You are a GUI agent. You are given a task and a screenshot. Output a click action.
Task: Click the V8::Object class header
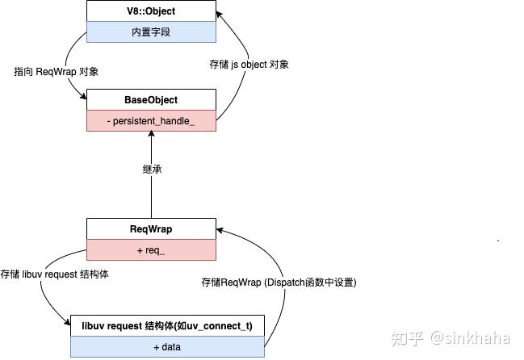pyautogui.click(x=151, y=12)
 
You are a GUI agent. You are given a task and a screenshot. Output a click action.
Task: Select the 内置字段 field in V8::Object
pyautogui.click(x=151, y=32)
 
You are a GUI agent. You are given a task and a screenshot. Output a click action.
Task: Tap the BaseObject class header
pyautogui.click(x=151, y=100)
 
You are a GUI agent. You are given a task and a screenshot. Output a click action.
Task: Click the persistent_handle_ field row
pyautogui.click(x=151, y=120)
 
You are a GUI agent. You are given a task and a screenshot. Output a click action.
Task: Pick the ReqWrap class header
pyautogui.click(x=151, y=229)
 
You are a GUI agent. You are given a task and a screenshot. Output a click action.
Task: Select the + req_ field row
pyautogui.click(x=151, y=249)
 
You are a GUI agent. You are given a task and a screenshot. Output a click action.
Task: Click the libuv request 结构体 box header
pyautogui.click(x=167, y=326)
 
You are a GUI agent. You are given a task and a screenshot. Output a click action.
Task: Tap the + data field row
pyautogui.click(x=167, y=346)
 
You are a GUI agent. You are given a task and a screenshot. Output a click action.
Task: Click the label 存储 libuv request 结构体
pyautogui.click(x=55, y=274)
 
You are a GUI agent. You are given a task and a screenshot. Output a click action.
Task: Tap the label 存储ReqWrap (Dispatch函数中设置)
pyautogui.click(x=279, y=283)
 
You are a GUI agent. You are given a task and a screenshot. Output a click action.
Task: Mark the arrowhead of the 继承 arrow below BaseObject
pyautogui.click(x=152, y=136)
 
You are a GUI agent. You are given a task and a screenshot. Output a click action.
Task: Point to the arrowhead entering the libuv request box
pyautogui.click(x=67, y=324)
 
